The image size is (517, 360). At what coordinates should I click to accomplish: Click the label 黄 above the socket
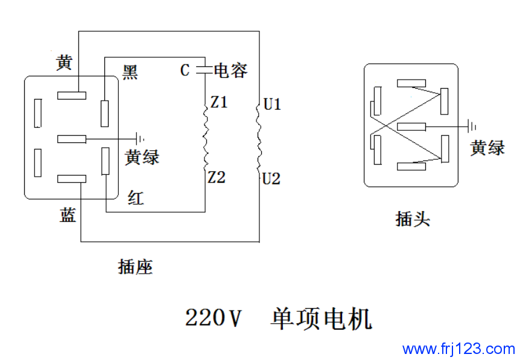65,62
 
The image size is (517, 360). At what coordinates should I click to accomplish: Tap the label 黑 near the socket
130,72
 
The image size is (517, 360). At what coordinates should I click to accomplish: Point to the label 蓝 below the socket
68,215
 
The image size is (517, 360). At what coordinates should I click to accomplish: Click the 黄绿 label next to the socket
142,157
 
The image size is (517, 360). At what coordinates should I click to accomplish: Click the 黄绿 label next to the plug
487,148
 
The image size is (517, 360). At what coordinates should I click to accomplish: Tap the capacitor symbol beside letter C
203,70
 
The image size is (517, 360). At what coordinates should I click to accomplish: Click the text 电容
230,71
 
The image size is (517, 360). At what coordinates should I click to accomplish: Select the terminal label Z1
218,103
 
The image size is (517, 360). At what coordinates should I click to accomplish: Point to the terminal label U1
272,105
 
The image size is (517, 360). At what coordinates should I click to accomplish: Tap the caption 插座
135,267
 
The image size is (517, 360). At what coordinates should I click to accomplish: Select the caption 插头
413,218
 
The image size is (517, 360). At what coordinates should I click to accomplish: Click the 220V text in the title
213,318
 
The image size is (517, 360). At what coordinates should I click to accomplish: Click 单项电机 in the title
322,318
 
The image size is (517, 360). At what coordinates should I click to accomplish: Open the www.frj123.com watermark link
458,349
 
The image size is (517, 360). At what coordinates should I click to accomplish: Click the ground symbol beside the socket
141,139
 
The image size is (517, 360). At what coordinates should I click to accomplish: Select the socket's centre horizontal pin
72,139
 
